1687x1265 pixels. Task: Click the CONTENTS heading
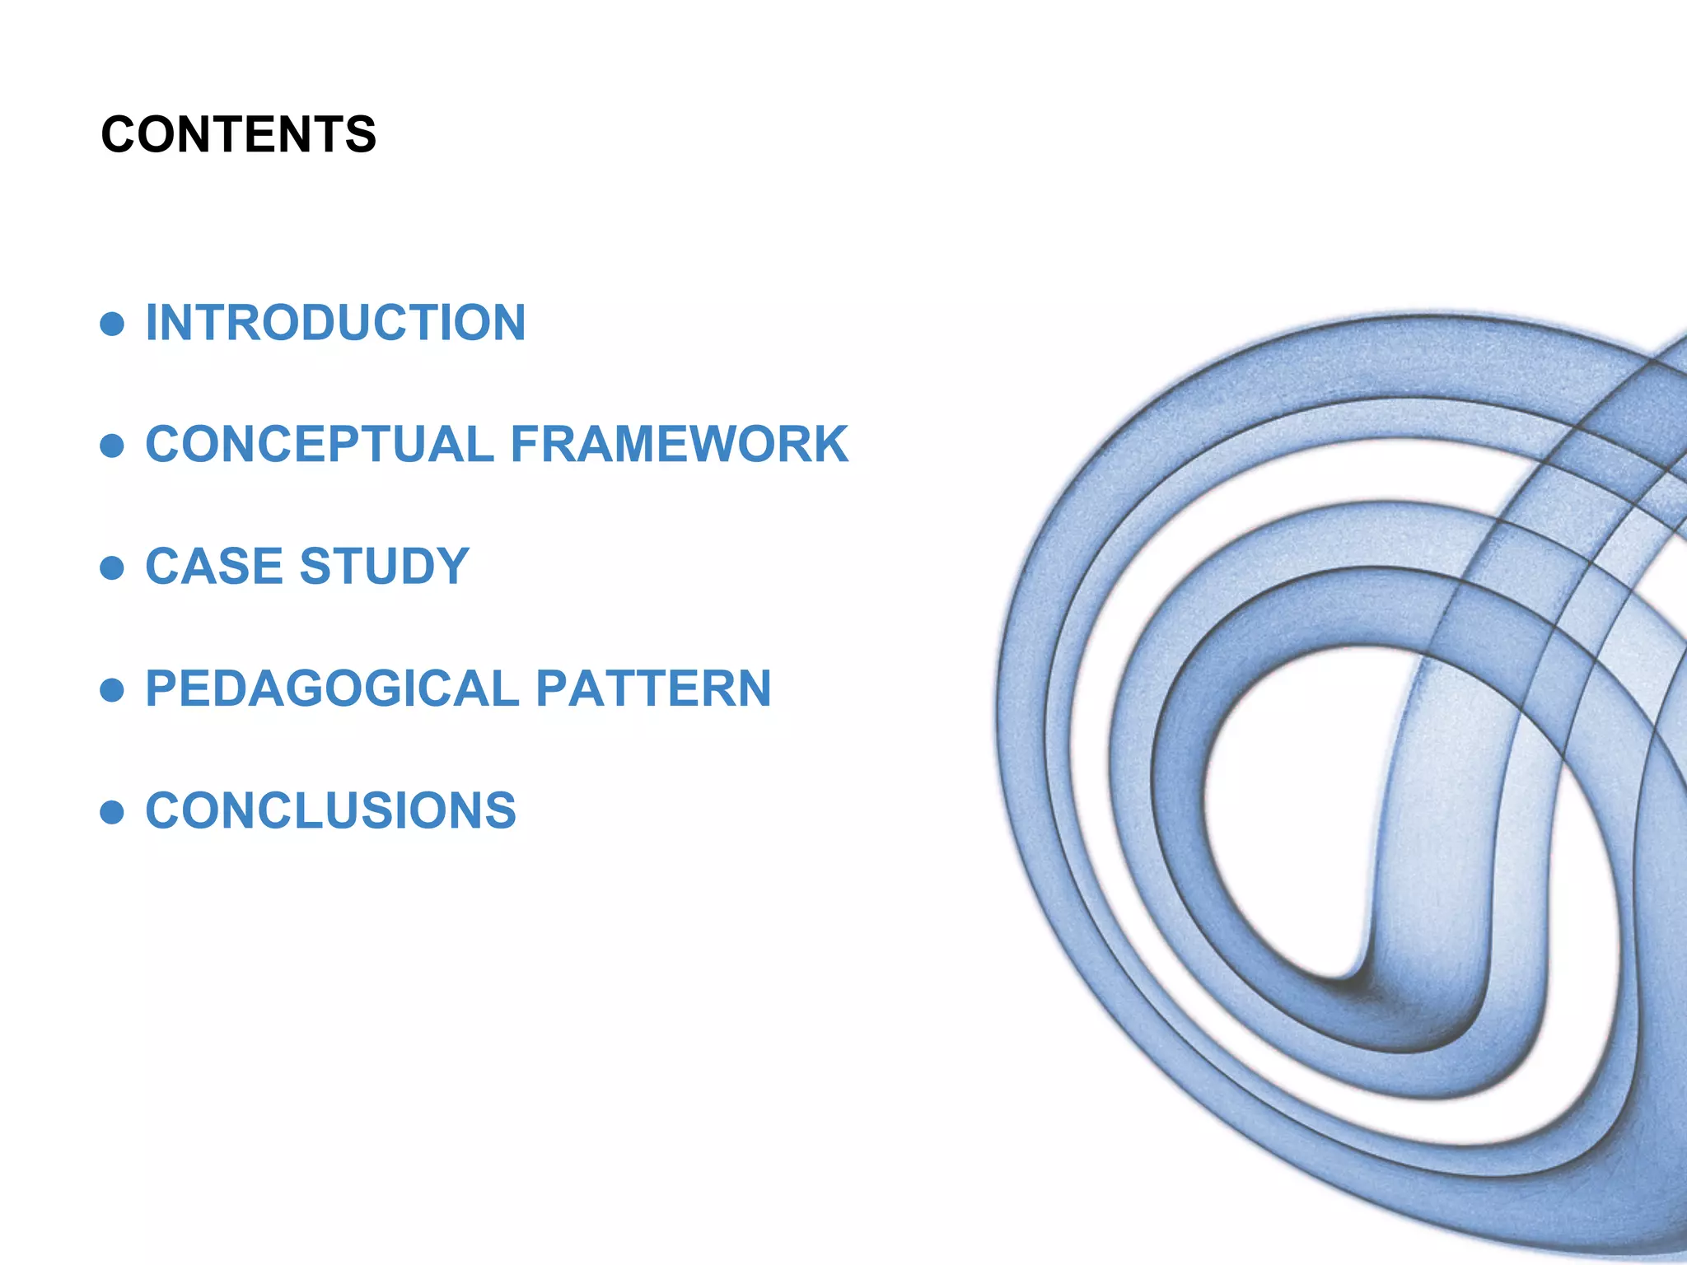click(x=238, y=134)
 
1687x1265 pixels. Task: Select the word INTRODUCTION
click(x=335, y=322)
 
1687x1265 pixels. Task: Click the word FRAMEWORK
click(x=680, y=445)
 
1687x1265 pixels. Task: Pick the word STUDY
click(x=385, y=567)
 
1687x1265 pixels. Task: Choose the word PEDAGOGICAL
click(x=332, y=689)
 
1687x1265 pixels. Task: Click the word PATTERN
click(x=654, y=689)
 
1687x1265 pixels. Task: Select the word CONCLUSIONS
click(x=331, y=810)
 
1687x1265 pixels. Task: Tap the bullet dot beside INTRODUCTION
click(x=112, y=324)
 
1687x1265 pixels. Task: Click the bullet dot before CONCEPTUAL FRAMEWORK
click(x=112, y=446)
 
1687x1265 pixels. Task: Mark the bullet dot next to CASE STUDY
click(x=112, y=567)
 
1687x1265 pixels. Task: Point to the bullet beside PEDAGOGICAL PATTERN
click(x=112, y=689)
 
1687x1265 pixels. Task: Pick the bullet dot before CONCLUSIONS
click(x=112, y=812)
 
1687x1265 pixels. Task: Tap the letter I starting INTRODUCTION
click(x=152, y=322)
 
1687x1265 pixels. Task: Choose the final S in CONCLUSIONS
click(x=499, y=810)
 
